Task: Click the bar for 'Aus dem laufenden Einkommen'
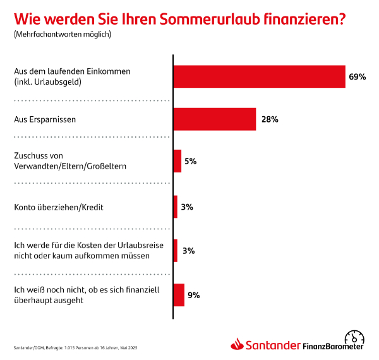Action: (259, 76)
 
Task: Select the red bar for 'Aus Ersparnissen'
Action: (215, 119)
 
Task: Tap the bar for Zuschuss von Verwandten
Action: (177, 161)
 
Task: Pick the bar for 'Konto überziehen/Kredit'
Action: (176, 207)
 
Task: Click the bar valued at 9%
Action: (179, 295)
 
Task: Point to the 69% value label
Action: (358, 76)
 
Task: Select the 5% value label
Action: (191, 162)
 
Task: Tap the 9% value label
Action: (193, 295)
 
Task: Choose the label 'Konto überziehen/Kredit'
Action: (58, 207)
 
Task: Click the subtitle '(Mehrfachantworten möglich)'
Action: (62, 34)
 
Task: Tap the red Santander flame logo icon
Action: (237, 345)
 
